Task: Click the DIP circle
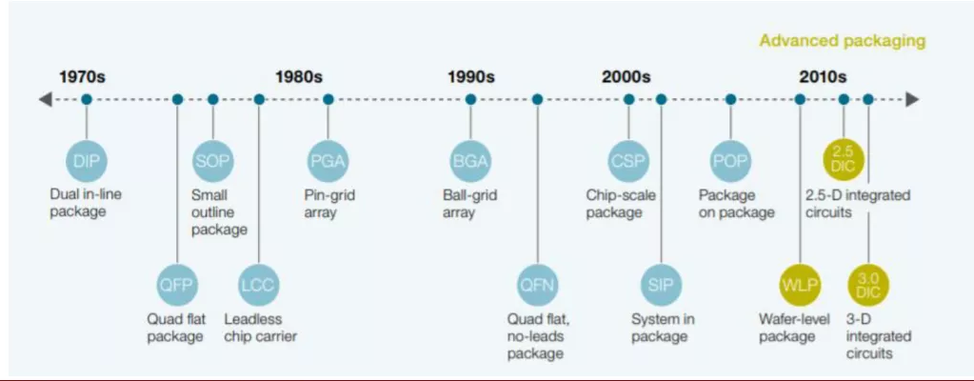click(86, 160)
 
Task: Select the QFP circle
click(177, 284)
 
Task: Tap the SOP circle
click(212, 160)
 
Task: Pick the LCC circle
click(259, 284)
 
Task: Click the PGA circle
click(328, 160)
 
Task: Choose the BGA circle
click(470, 160)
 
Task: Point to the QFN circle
click(537, 284)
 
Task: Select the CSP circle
click(628, 160)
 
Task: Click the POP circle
click(730, 160)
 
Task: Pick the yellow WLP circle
click(800, 284)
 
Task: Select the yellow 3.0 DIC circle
click(868, 284)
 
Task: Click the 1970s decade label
click(83, 77)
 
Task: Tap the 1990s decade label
click(471, 77)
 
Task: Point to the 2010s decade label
click(823, 77)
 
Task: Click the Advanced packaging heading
click(842, 41)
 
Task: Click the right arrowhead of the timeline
click(912, 99)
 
